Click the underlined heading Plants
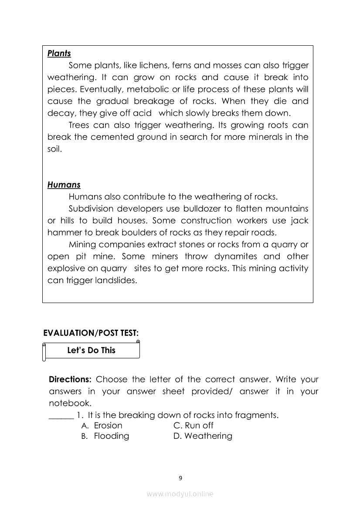59,54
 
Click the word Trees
79,125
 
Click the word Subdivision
92,209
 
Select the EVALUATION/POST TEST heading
91,333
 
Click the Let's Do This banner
92,351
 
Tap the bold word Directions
70,379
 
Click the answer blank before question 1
61,415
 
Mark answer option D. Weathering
203,436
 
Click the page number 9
180,478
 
